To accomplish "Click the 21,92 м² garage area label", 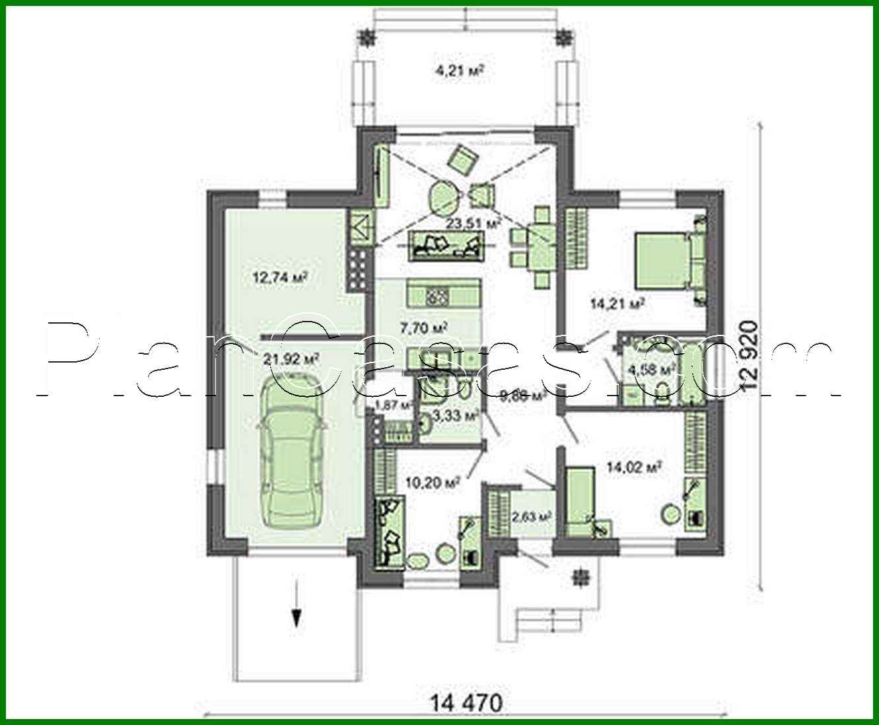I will pos(287,359).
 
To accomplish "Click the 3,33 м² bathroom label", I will pos(454,416).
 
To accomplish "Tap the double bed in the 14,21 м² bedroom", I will pos(667,260).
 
